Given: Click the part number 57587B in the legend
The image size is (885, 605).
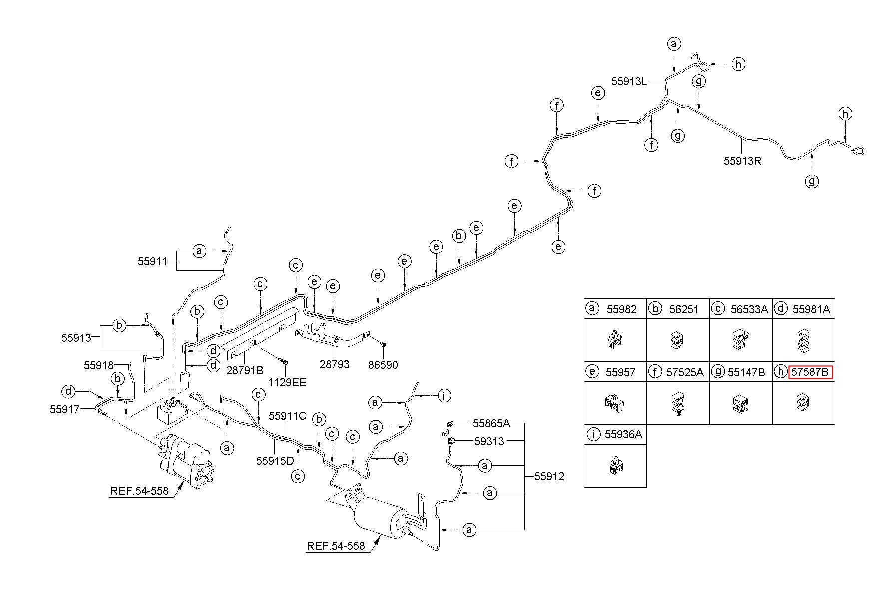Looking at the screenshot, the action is point(810,372).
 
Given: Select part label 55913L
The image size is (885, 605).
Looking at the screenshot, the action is point(629,81).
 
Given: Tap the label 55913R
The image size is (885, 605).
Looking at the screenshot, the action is point(743,161).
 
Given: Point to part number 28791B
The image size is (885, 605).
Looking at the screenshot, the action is point(245,370).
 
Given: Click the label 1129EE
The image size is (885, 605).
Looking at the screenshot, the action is point(286,383).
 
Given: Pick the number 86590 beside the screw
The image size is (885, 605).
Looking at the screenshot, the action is point(383,365).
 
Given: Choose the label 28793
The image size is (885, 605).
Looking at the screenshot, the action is point(335,365).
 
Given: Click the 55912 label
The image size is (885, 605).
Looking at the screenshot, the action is point(549,477).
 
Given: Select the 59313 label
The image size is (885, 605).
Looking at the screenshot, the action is point(489,442).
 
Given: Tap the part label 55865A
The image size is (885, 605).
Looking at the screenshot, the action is point(492,424).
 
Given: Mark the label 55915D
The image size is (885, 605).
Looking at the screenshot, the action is point(275,461).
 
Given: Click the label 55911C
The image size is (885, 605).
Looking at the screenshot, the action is point(288,416).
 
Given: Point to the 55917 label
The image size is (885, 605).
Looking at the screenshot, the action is point(65,409).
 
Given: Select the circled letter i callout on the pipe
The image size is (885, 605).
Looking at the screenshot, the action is point(444,396).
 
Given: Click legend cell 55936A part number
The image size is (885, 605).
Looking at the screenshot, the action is point(623,435).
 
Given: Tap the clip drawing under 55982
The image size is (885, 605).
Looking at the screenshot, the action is point(615,340).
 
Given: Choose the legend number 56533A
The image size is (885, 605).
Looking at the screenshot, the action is point(749,309).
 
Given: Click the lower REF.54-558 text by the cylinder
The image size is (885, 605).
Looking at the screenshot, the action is point(336,546).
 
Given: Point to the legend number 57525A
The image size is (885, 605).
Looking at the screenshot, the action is point(685,372).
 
